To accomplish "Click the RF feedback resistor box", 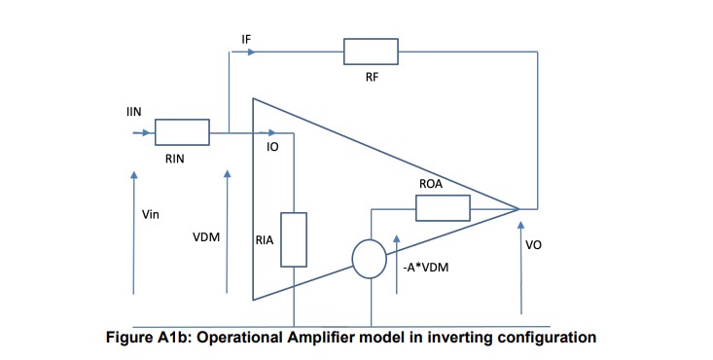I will pyautogui.click(x=371, y=52).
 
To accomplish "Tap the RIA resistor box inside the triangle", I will pyautogui.click(x=294, y=239).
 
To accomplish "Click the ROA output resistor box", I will pyautogui.click(x=443, y=208).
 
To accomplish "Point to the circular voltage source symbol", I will pyautogui.click(x=370, y=260).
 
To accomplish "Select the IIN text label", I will pyautogui.click(x=134, y=113).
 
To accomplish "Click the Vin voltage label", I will pyautogui.click(x=151, y=215).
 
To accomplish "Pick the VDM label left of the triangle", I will pyautogui.click(x=205, y=236).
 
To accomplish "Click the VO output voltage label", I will pyautogui.click(x=533, y=245).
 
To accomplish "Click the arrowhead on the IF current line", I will pyautogui.click(x=253, y=52).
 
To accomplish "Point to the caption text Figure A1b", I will pyautogui.click(x=147, y=339).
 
